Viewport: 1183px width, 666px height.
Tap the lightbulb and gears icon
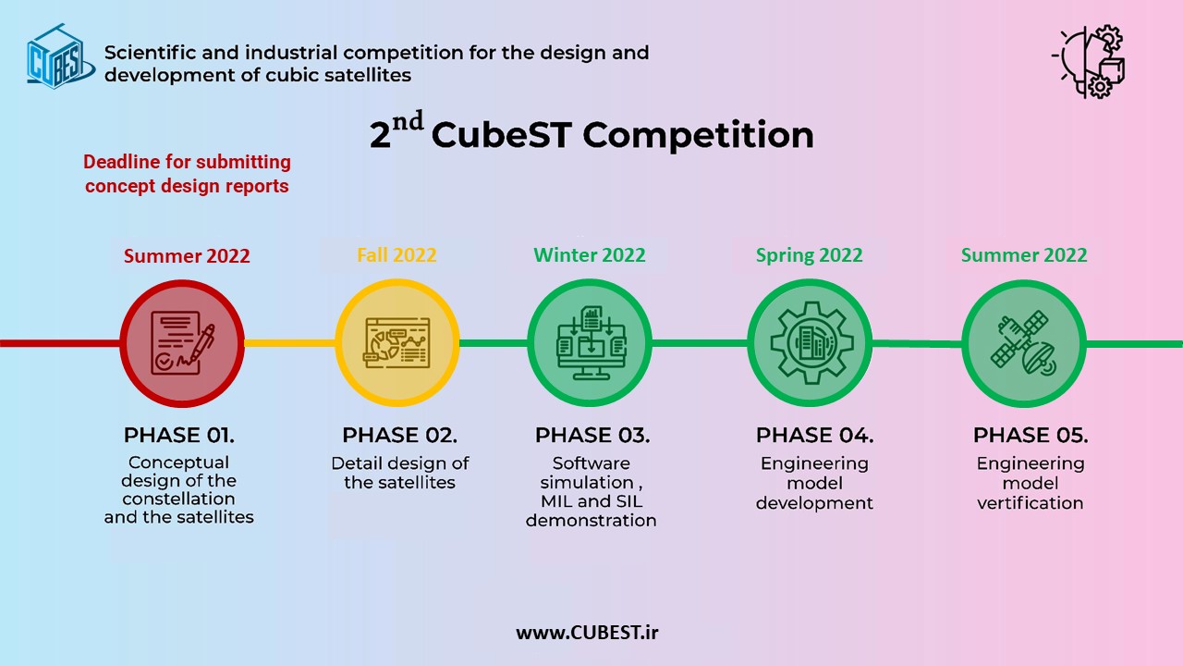tap(1089, 62)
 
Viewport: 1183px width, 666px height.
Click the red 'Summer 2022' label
tap(187, 256)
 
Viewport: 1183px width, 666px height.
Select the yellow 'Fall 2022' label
tap(396, 255)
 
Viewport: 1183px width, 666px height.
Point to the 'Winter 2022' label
tap(590, 255)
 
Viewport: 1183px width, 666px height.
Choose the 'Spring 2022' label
tap(809, 255)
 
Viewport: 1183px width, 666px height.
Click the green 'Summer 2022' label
tap(1024, 255)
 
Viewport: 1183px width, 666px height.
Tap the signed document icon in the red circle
tap(183, 343)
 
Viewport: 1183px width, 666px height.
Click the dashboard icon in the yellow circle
tap(396, 343)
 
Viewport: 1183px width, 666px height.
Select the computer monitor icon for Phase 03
tap(591, 343)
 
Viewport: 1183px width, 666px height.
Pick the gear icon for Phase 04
tap(811, 343)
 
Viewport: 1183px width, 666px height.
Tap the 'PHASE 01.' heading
tap(179, 436)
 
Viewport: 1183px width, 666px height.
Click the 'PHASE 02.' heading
tap(400, 436)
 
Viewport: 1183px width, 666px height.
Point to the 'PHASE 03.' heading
tap(592, 436)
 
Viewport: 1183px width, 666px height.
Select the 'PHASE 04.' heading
tap(815, 436)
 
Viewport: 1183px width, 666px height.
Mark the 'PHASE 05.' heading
tap(1031, 436)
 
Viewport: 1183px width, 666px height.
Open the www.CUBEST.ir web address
tap(587, 633)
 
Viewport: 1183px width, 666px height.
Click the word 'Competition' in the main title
tap(698, 136)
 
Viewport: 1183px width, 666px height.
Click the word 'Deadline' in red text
tap(121, 162)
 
